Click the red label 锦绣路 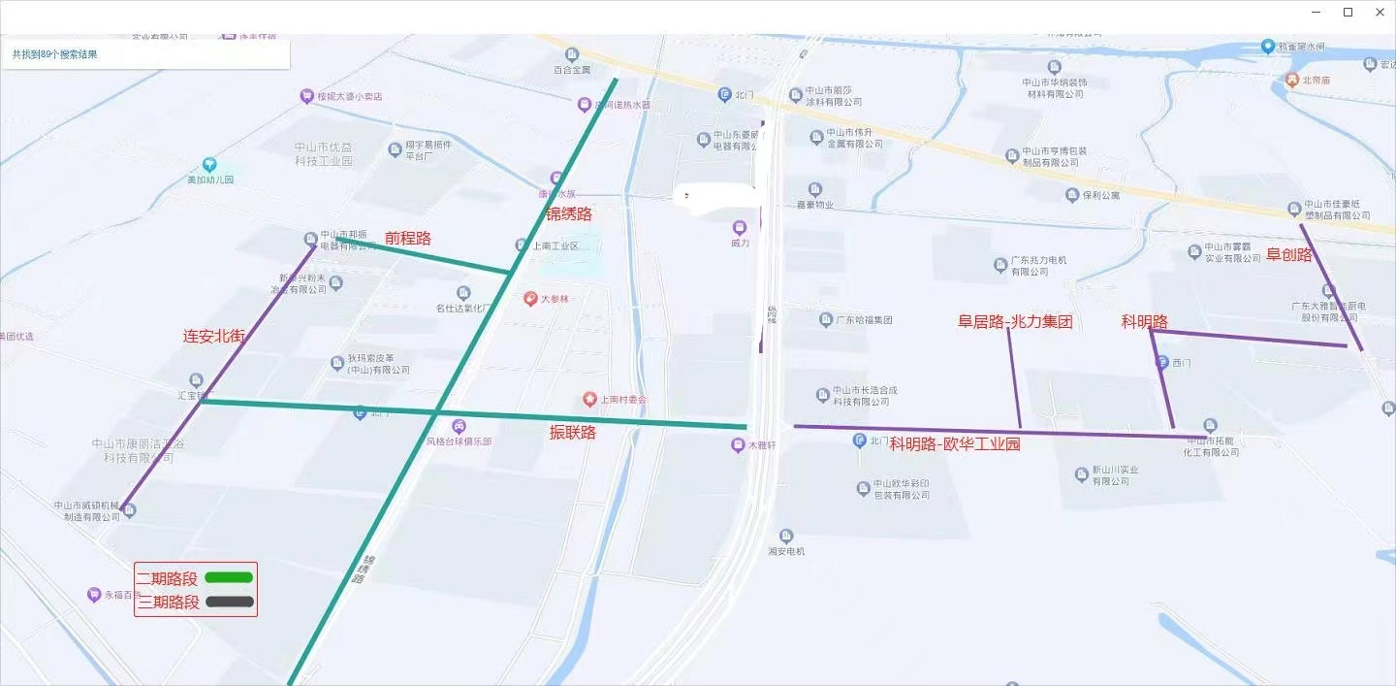[x=569, y=214]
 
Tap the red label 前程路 [x=408, y=238]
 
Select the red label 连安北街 [x=214, y=337]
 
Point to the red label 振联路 [x=573, y=433]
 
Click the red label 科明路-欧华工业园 [x=955, y=444]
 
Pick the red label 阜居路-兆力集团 [x=1015, y=322]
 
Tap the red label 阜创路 [x=1289, y=254]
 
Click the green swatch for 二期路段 [x=229, y=577]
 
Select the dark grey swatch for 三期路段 [x=230, y=602]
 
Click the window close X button [x=1380, y=13]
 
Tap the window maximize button [x=1348, y=13]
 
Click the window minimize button [x=1316, y=13]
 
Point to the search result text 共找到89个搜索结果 [x=55, y=54]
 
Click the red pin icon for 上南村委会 [x=589, y=400]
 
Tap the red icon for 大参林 [x=530, y=299]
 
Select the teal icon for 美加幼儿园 [x=209, y=164]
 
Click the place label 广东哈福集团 [x=863, y=320]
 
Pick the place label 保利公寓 [x=1101, y=195]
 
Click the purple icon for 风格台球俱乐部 [x=459, y=425]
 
